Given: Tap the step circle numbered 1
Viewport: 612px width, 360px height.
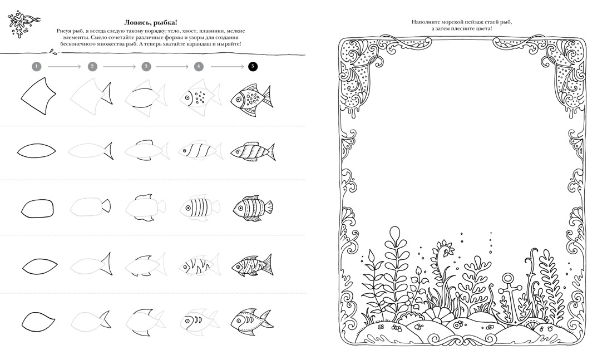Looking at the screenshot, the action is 36,66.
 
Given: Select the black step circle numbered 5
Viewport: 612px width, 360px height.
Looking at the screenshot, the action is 253,66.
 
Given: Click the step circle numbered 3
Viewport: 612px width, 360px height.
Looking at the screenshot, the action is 146,66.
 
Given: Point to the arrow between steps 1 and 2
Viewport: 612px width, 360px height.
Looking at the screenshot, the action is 65,67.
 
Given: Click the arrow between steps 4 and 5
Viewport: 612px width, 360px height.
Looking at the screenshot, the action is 227,67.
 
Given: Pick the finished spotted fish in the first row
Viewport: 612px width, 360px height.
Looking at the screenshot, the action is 251,100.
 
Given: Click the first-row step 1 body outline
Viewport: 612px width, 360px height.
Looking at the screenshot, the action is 38,96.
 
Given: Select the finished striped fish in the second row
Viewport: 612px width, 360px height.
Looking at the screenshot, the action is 253,151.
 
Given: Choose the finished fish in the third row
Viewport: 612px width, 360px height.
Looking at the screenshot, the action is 253,208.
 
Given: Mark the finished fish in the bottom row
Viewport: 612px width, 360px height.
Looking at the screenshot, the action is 251,322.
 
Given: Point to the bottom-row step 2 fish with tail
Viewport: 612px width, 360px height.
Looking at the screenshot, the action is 91,322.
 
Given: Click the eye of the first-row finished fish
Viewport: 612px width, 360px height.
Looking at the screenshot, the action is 238,100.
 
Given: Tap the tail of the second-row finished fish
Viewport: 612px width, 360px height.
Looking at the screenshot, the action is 270,152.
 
